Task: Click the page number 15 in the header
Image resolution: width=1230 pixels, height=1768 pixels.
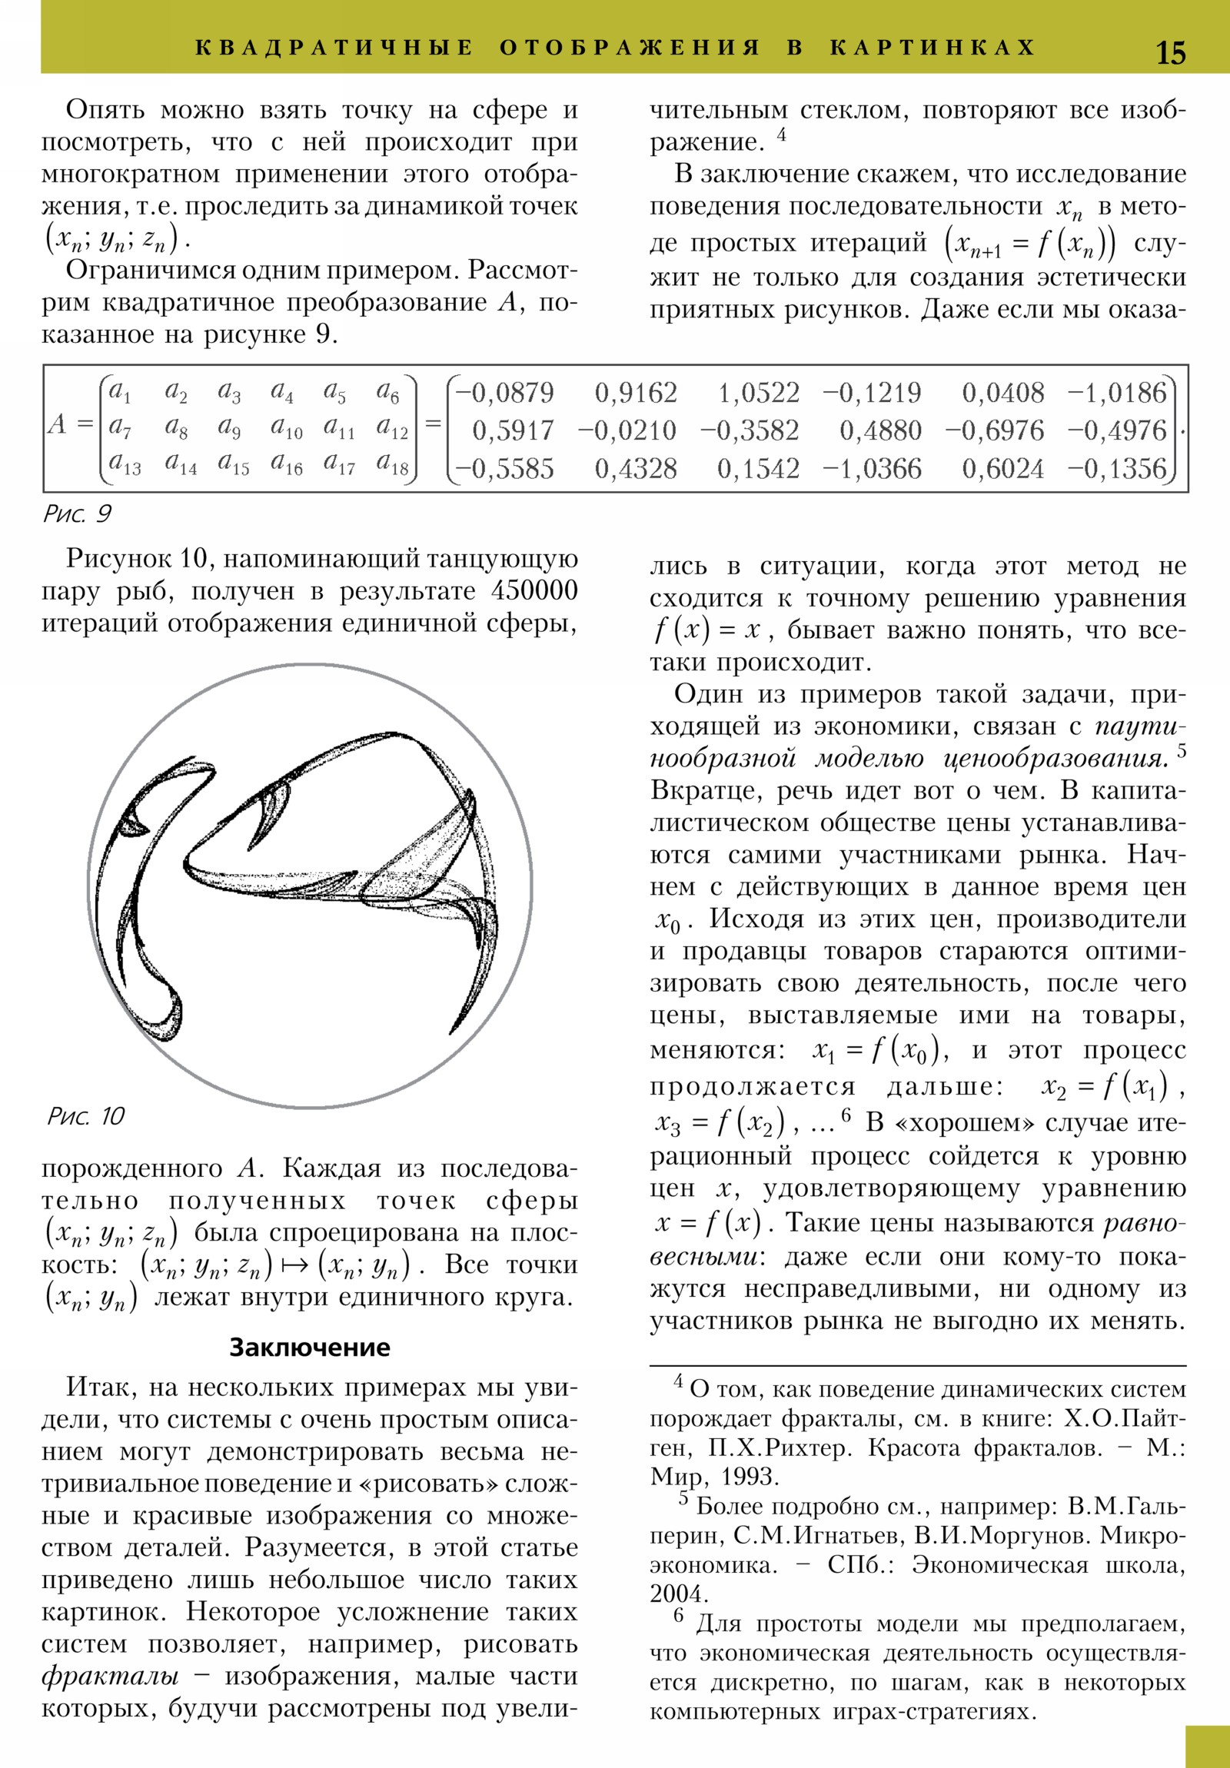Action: [x=1171, y=52]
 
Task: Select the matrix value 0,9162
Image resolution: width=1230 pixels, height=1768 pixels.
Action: [x=637, y=394]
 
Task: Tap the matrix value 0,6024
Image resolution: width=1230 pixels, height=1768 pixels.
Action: [x=1002, y=468]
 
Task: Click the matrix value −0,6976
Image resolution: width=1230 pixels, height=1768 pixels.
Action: [x=994, y=430]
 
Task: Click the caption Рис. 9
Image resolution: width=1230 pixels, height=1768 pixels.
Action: [x=77, y=513]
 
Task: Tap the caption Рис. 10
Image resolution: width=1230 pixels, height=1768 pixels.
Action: [x=85, y=1116]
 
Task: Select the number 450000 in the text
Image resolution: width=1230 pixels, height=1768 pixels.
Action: [x=534, y=590]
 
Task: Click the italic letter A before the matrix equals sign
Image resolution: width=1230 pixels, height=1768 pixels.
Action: [x=57, y=424]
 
